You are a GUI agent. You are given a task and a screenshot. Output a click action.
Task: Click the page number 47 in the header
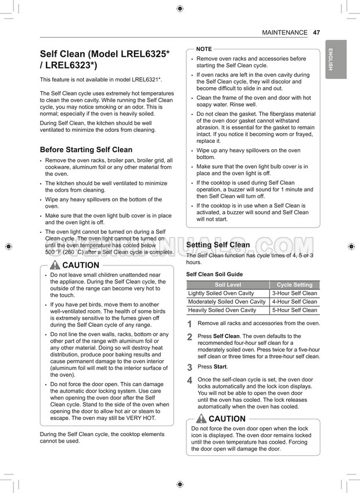tap(316, 33)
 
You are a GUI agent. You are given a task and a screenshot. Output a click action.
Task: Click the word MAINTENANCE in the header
tap(285, 33)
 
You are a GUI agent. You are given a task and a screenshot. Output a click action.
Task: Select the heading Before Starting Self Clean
tap(86, 149)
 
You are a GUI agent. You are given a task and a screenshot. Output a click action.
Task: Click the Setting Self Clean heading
tap(218, 245)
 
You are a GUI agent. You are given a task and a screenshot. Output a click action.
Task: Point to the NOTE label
tap(204, 49)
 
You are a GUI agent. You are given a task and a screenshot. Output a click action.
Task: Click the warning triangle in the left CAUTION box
tap(55, 265)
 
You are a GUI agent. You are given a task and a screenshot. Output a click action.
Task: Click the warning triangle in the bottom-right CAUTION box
tap(201, 419)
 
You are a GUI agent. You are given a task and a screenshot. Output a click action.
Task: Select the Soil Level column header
tap(228, 285)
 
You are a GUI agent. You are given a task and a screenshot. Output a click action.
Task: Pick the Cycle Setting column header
tap(294, 285)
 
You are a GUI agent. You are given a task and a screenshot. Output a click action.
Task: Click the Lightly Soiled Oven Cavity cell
tap(221, 293)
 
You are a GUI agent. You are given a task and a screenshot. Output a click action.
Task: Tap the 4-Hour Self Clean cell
tap(294, 302)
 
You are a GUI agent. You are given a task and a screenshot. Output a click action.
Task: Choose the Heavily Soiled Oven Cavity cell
tap(222, 310)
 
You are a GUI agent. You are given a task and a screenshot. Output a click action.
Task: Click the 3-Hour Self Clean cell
tap(294, 293)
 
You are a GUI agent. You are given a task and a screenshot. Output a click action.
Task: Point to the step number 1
tap(189, 324)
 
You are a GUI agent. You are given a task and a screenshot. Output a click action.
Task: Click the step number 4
tap(189, 380)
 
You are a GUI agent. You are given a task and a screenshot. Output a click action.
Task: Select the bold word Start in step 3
tap(220, 367)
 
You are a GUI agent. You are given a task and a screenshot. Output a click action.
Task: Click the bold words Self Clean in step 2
tap(226, 336)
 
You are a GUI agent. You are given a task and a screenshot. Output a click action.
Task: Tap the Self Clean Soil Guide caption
tap(214, 274)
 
